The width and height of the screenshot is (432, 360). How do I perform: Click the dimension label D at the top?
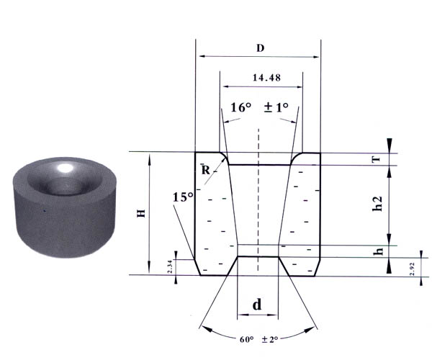(x=261, y=48)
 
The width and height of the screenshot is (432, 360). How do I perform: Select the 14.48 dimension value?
(x=266, y=78)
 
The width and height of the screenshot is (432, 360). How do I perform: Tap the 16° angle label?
(x=241, y=107)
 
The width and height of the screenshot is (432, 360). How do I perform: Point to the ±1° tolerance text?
(x=276, y=107)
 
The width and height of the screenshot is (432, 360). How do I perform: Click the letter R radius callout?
(x=205, y=171)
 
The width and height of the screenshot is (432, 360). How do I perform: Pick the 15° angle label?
(x=183, y=197)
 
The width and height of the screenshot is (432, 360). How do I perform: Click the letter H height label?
(x=141, y=213)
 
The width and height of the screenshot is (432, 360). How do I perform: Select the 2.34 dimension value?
(x=170, y=266)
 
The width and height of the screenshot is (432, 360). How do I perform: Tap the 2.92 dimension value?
(x=412, y=269)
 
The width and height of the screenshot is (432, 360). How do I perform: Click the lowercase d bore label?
(x=257, y=305)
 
